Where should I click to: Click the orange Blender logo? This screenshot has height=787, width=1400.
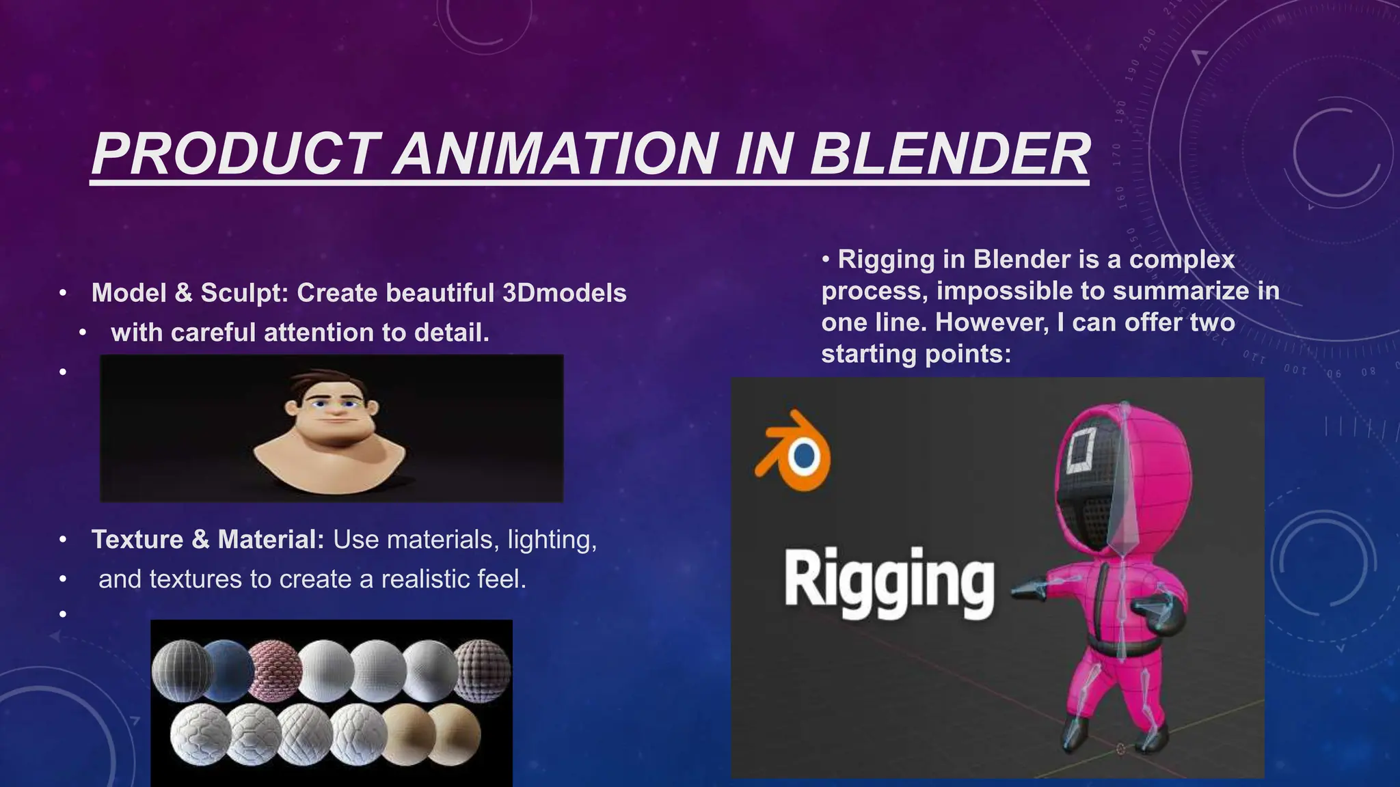[x=794, y=452]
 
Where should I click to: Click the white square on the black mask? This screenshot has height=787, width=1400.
[x=1080, y=451]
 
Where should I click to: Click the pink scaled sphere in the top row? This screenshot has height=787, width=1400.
[x=274, y=669]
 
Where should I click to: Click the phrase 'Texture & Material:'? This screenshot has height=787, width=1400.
[x=208, y=540]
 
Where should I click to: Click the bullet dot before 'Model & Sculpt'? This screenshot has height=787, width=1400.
[x=63, y=293]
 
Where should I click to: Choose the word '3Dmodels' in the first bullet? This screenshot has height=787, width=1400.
[x=564, y=293]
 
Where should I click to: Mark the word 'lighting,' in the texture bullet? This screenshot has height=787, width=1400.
[x=552, y=540]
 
